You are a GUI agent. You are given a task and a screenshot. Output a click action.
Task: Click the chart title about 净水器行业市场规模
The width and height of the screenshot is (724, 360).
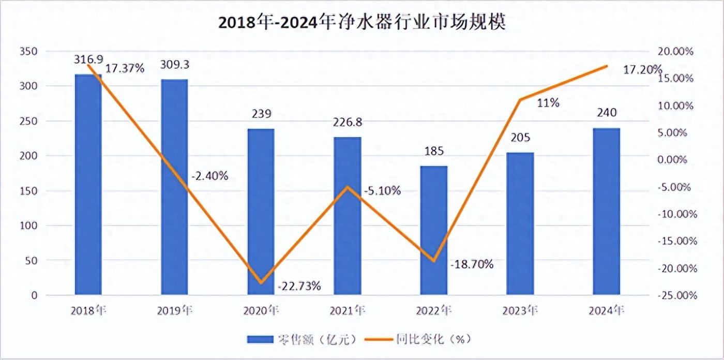tap(361, 23)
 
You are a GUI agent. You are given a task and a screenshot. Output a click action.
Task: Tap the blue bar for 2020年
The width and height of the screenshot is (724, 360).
tap(261, 212)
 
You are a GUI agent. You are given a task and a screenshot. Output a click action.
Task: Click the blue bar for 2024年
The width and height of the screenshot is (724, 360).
tap(606, 212)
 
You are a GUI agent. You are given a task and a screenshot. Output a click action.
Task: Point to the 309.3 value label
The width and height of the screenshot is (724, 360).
tap(174, 65)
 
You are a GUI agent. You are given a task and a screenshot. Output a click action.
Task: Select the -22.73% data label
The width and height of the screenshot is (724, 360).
tap(299, 286)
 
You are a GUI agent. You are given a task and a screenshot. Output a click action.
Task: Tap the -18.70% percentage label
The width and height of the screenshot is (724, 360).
tap(472, 264)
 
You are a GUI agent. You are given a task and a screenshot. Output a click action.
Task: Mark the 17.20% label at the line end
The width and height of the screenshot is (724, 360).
tap(642, 69)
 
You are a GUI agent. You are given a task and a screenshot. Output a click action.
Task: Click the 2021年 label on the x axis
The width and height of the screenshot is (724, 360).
tap(347, 310)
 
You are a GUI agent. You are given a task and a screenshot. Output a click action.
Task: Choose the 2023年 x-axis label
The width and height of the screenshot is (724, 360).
tap(520, 310)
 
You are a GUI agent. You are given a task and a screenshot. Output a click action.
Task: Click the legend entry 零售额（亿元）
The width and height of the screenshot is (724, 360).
tap(303, 339)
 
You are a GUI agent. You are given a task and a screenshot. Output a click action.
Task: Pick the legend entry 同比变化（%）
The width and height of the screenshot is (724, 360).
tap(419, 339)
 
